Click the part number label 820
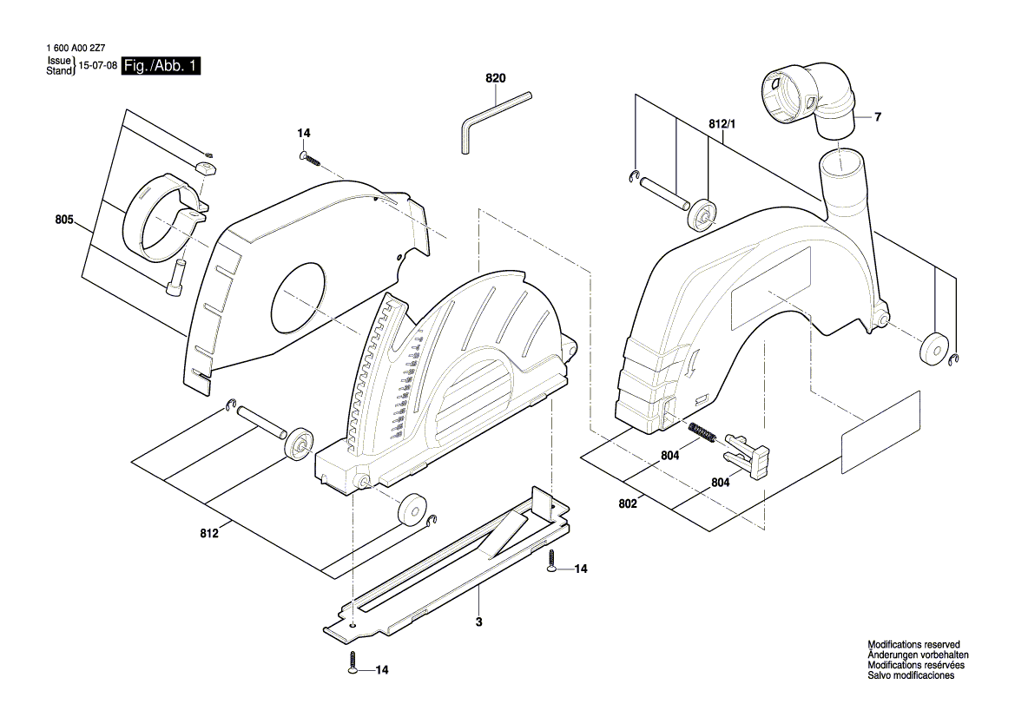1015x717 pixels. pos(495,78)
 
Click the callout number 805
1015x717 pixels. pos(63,220)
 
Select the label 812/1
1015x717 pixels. pos(722,125)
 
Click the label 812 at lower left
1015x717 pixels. pos(208,535)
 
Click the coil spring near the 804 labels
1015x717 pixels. pos(701,431)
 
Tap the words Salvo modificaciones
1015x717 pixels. pos(911,675)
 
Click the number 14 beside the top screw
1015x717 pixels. pos(303,133)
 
